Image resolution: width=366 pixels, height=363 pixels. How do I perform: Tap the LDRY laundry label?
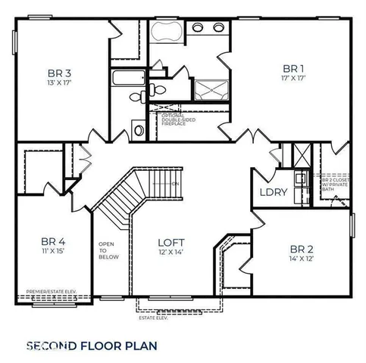273,192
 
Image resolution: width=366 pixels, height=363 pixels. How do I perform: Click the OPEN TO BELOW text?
108,250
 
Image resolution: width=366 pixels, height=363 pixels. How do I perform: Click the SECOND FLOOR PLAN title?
91,346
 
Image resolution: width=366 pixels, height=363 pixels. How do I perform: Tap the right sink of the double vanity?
218,28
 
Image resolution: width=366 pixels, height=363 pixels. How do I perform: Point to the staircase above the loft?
140,189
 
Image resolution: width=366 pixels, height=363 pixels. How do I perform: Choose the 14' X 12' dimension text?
301,259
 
